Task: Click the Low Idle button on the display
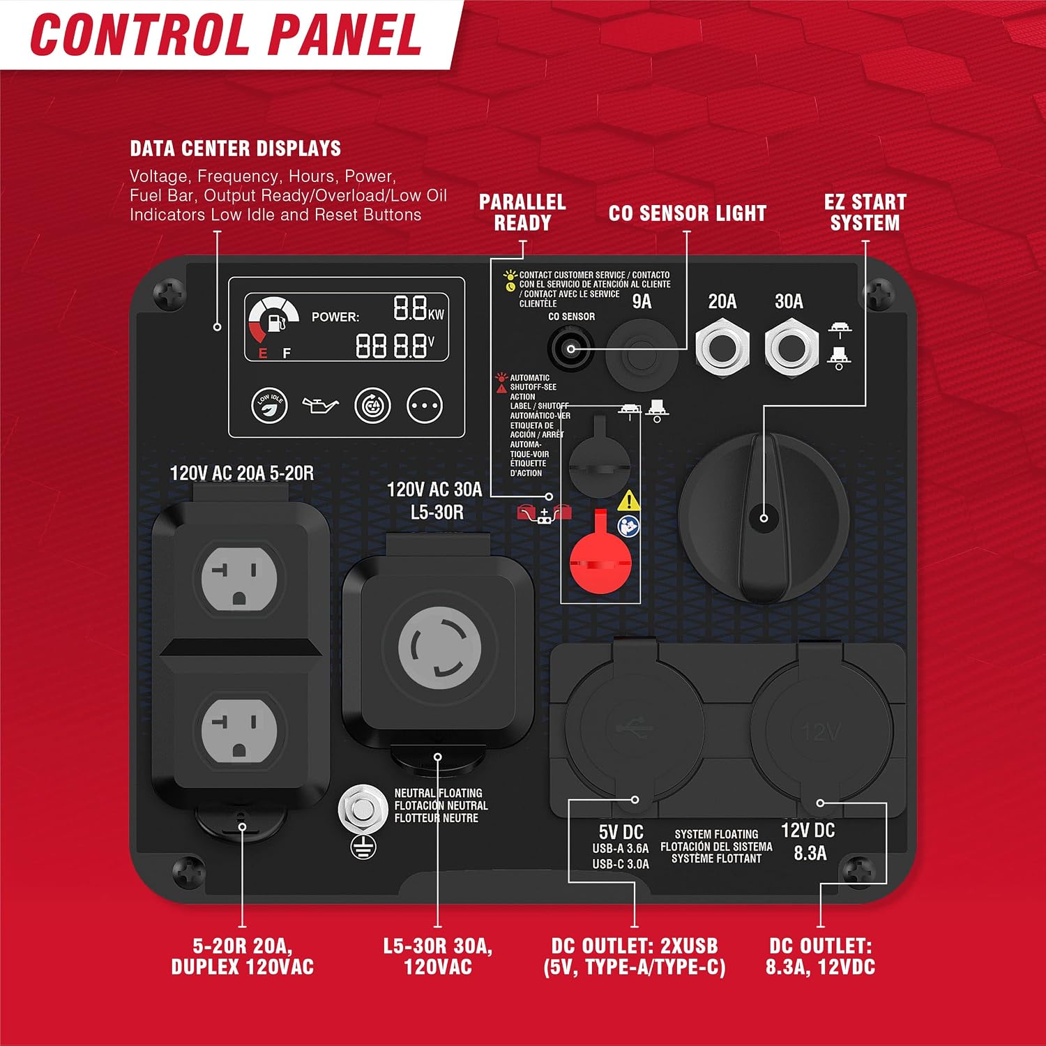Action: [x=269, y=405]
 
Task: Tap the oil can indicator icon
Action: [x=320, y=405]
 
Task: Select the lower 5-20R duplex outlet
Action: [x=239, y=729]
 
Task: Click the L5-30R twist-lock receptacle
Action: [x=439, y=648]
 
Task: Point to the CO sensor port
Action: [x=570, y=348]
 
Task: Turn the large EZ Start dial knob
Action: [x=764, y=517]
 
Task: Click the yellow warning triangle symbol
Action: [x=629, y=500]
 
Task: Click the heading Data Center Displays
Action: [x=236, y=149]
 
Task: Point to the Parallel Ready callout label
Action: [x=522, y=213]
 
